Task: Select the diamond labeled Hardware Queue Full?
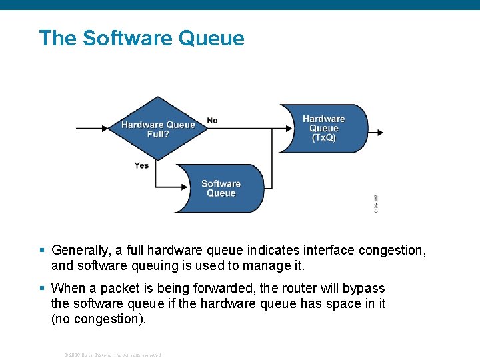(x=158, y=129)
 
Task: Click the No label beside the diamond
(x=212, y=121)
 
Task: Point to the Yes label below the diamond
(x=141, y=165)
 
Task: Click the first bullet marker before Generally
(x=42, y=251)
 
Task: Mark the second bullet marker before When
(x=42, y=288)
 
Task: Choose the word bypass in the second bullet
(x=364, y=288)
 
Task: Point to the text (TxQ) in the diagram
(x=324, y=138)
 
